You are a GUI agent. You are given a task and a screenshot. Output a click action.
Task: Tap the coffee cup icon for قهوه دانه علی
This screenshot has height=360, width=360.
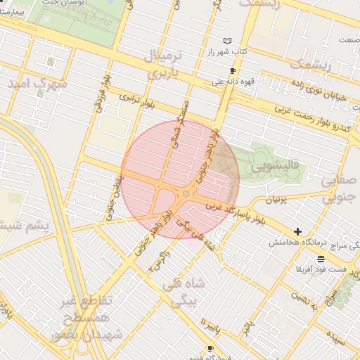[233, 71]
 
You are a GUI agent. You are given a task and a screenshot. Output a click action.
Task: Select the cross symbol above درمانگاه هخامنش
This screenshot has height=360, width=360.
[298, 231]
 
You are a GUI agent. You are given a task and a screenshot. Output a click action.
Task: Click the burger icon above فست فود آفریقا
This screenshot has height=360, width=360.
[321, 259]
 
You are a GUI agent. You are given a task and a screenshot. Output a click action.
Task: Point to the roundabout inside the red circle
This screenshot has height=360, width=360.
[186, 193]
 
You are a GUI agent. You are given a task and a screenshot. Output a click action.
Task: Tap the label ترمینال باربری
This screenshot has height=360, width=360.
[163, 63]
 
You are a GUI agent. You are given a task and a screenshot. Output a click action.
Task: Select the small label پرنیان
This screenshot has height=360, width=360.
[276, 200]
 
